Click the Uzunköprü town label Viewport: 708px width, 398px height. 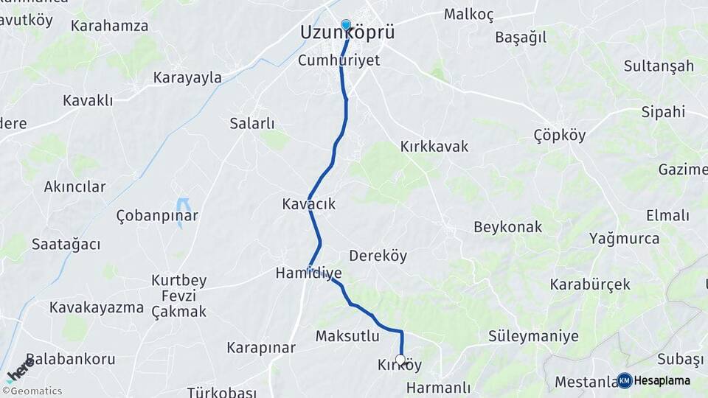pyautogui.click(x=347, y=33)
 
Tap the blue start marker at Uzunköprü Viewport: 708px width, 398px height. pyautogui.click(x=346, y=24)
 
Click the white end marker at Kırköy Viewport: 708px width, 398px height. pyautogui.click(x=400, y=360)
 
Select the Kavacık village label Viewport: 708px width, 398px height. pyautogui.click(x=308, y=203)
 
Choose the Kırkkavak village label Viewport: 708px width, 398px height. pyautogui.click(x=434, y=146)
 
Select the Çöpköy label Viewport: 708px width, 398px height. pyautogui.click(x=559, y=135)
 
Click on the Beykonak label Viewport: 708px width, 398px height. pyautogui.click(x=508, y=227)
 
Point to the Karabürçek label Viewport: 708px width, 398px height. pyautogui.click(x=590, y=284)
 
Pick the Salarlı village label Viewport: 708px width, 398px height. pyautogui.click(x=252, y=123)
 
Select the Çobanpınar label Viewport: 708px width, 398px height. pyautogui.click(x=157, y=215)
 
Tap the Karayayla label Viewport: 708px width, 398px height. pyautogui.click(x=187, y=77)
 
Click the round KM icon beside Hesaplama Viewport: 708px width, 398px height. pyautogui.click(x=625, y=380)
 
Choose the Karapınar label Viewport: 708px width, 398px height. pyautogui.click(x=261, y=347)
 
